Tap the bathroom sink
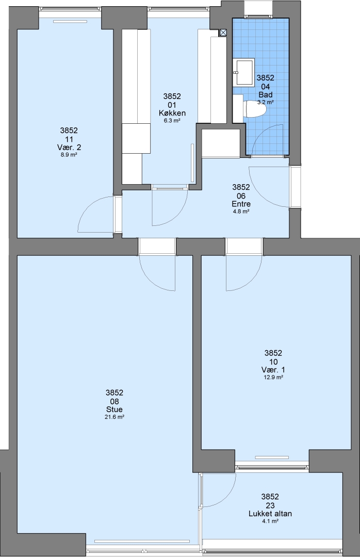pos(243,72)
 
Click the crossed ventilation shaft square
pos(223,32)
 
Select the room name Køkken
pos(172,113)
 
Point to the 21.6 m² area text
pos(114,417)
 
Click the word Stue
pos(114,409)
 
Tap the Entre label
pos(241,204)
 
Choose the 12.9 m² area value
pos(273,377)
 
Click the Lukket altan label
pos(270,514)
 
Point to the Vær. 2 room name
pos(69,147)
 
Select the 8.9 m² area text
pos(69,155)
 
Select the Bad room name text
pos(266,95)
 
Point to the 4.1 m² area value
pos(270,521)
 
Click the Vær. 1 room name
pos(273,370)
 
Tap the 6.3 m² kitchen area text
pos(172,121)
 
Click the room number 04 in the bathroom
pos(266,87)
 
